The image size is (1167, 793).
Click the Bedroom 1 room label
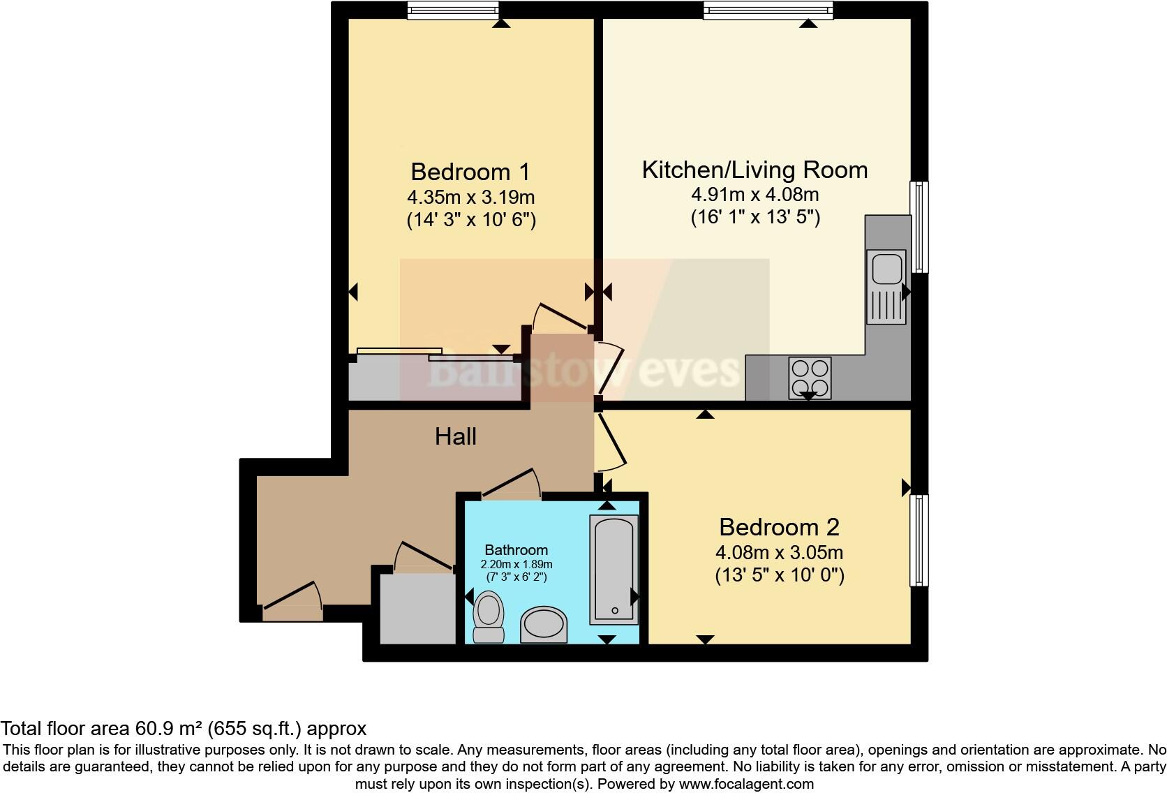(x=470, y=172)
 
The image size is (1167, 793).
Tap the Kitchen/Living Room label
(x=755, y=170)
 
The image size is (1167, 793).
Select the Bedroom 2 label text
(x=779, y=527)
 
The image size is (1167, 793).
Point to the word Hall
(x=456, y=437)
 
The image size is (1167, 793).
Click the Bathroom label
(x=516, y=550)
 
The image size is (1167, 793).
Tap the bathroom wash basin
(x=544, y=624)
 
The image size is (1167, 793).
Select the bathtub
(x=614, y=570)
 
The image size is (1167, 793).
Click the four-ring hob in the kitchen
(x=810, y=377)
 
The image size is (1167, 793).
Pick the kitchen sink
(x=886, y=286)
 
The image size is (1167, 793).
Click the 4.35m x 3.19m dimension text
(x=470, y=197)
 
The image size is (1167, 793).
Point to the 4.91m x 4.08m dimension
(x=755, y=194)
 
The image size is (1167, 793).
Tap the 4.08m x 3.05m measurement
(x=779, y=553)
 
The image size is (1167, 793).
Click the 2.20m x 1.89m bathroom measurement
(x=516, y=564)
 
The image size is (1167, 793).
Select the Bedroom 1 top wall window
(x=453, y=9)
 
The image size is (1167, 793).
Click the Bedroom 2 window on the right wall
(x=919, y=540)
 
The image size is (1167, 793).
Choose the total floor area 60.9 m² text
(x=183, y=729)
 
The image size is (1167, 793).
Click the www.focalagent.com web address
(x=745, y=784)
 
